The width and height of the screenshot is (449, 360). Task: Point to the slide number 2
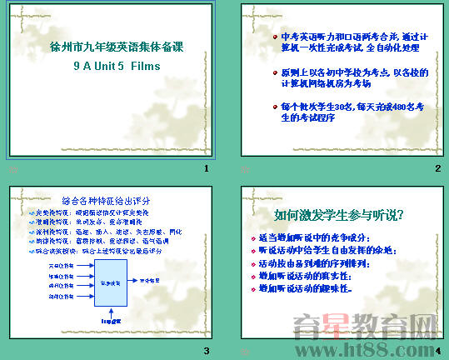[x=437, y=169]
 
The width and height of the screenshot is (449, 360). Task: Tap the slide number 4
[x=437, y=351]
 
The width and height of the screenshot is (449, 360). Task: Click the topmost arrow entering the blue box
[x=84, y=265]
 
